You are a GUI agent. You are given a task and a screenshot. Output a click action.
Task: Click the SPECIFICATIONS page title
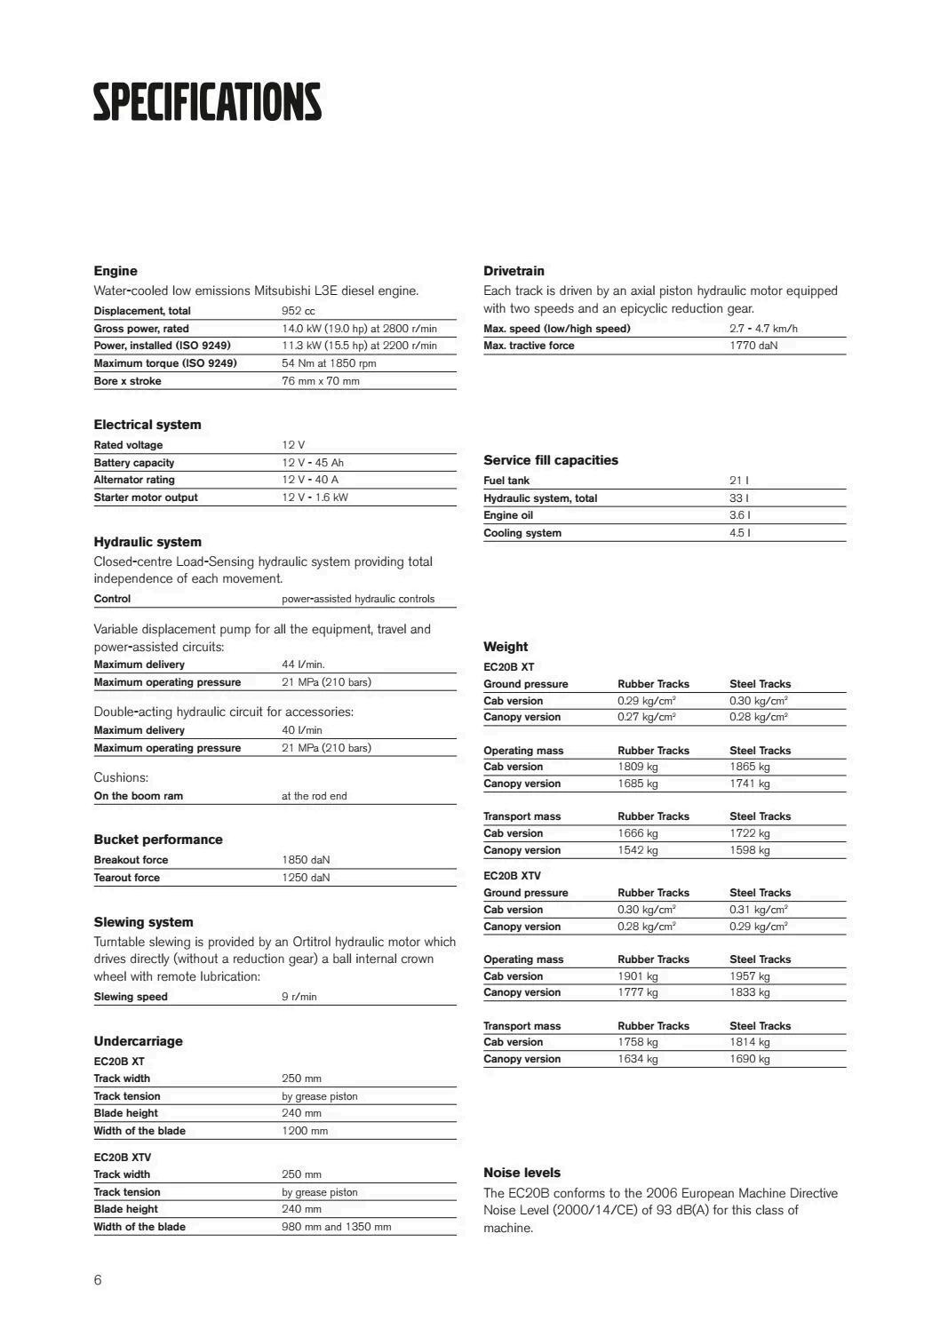coord(207,102)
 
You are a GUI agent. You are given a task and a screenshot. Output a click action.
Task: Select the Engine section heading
coord(116,271)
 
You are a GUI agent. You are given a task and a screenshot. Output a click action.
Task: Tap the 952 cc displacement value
coord(299,311)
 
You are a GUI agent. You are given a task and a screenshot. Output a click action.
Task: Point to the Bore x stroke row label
coord(128,381)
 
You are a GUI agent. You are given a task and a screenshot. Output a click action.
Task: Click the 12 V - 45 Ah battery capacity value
coord(313,463)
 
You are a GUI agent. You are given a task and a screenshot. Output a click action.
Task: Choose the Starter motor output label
coord(146,497)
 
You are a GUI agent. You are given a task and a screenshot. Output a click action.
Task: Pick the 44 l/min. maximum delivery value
coord(303,664)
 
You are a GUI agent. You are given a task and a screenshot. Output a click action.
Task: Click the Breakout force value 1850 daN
coord(306,860)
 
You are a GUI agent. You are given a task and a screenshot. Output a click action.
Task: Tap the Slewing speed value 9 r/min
coord(299,997)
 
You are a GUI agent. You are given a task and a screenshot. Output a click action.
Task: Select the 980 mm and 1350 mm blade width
coord(336,1227)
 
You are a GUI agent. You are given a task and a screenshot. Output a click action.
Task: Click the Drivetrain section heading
coord(514,271)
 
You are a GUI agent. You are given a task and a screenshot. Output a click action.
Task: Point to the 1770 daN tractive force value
coord(753,346)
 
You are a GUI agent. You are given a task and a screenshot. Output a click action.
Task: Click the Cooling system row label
coord(522,533)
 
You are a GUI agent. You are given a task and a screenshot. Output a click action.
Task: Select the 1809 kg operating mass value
coord(638,767)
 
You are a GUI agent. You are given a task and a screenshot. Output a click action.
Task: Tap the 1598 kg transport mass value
coord(750,850)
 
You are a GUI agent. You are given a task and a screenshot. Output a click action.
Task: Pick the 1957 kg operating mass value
coord(750,976)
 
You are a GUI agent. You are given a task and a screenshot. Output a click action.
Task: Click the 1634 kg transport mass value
coord(638,1059)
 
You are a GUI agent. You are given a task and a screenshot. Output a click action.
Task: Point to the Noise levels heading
coord(522,1173)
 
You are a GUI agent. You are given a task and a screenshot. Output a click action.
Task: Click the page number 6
coord(98,1280)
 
